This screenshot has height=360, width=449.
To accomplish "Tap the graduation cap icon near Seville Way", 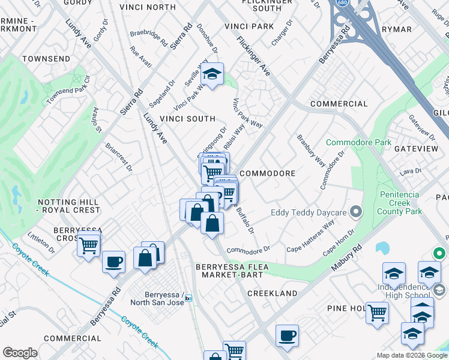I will pos(211,75).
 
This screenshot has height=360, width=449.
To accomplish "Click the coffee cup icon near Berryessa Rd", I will pos(113,262).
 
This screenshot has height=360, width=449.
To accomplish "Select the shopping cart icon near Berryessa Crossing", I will pos(89,245).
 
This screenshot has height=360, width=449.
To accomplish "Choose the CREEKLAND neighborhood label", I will pos(272,293).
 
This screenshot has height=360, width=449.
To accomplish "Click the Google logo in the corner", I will pos(20,352).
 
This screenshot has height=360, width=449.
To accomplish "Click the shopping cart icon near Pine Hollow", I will pos(377,312).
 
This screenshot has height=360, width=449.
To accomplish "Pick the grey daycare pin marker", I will pos(357,212).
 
